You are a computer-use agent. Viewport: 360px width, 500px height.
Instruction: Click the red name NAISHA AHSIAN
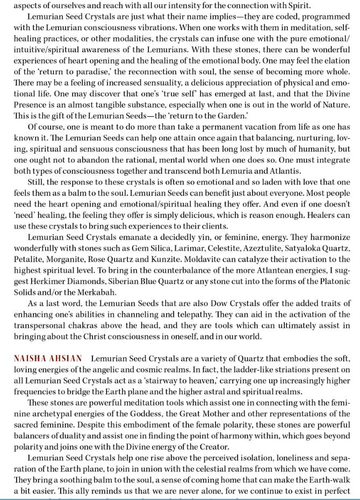(x=48, y=358)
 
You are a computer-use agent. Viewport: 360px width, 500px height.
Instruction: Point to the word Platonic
(x=332, y=281)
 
